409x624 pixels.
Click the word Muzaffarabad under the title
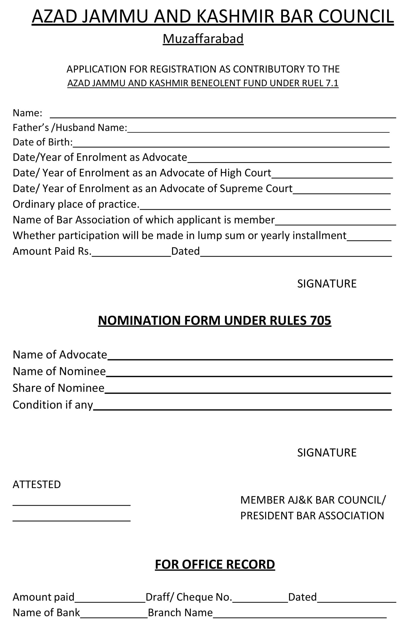(x=203, y=39)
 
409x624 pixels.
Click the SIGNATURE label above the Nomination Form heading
(x=327, y=284)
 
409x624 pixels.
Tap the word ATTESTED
(x=37, y=484)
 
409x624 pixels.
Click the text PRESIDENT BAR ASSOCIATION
(x=312, y=516)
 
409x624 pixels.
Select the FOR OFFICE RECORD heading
(x=215, y=564)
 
